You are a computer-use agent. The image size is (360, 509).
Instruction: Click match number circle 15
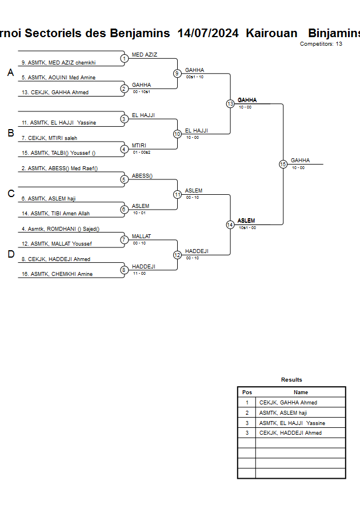[x=283, y=164]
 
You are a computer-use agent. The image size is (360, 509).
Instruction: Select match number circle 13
[x=230, y=104]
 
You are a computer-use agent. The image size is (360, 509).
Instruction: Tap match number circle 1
[x=124, y=58]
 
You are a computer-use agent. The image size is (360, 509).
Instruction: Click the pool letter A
[x=10, y=73]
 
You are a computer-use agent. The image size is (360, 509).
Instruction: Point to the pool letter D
[x=10, y=255]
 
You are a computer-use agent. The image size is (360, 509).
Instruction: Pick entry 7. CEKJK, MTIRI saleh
[x=49, y=138]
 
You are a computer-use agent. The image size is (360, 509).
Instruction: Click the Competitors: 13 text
[x=321, y=43]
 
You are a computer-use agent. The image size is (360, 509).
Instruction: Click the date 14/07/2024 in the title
[x=208, y=33]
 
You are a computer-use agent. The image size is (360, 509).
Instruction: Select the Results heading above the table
[x=291, y=379]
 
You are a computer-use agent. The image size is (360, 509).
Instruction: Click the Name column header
[x=301, y=392]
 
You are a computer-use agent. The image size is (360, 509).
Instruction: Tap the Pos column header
[x=247, y=392]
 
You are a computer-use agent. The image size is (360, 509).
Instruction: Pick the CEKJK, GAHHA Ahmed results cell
[x=288, y=403]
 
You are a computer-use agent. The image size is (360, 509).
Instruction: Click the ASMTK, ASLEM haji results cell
[x=283, y=412]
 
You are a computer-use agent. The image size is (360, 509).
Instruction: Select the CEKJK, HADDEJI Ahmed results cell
[x=290, y=433]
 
